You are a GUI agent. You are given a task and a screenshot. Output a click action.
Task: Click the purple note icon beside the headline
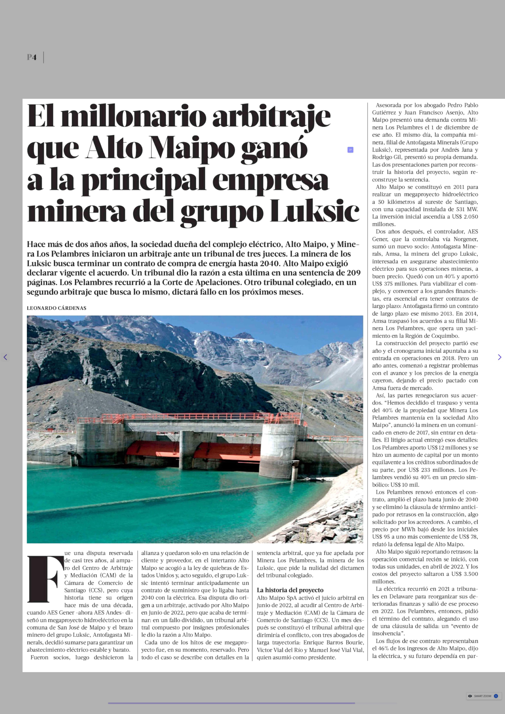tap(350, 150)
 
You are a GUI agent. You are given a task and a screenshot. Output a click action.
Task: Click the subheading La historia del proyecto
tap(290, 590)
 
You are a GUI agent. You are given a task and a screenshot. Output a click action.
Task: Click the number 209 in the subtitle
tap(354, 273)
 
